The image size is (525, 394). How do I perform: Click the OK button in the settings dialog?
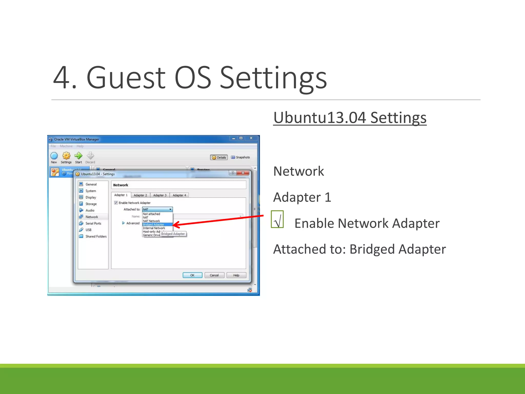pos(192,275)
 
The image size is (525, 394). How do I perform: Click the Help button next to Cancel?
pos(236,275)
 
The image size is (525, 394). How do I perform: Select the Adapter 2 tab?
pos(140,195)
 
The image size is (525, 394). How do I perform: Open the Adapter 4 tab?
pos(179,195)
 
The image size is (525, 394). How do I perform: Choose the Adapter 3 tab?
pos(160,195)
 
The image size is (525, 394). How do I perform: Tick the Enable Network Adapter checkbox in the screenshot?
pos(116,203)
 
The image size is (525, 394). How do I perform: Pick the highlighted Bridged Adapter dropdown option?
pos(154,224)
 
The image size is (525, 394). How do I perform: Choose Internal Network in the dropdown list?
pos(154,228)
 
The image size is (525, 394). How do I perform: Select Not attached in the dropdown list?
pos(152,214)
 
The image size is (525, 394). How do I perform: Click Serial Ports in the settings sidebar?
pos(93,223)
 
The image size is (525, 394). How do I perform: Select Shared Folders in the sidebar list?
pos(96,237)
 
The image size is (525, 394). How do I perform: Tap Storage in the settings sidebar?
pos(91,204)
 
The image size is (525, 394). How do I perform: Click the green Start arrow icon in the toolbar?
pos(78,156)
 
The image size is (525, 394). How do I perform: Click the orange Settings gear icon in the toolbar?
pos(66,156)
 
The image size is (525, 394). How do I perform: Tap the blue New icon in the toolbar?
pos(54,156)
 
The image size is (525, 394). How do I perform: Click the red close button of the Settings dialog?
pos(243,173)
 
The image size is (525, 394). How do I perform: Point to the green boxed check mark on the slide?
pos(277,219)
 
